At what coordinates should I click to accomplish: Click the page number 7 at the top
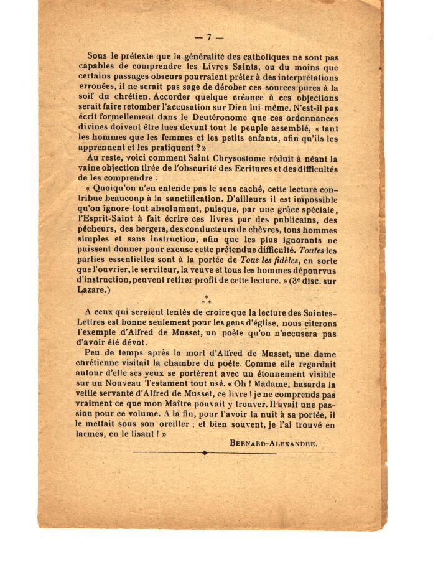point(209,37)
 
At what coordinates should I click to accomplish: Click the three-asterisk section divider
point(206,300)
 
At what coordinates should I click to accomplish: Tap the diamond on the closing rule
point(205,453)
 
